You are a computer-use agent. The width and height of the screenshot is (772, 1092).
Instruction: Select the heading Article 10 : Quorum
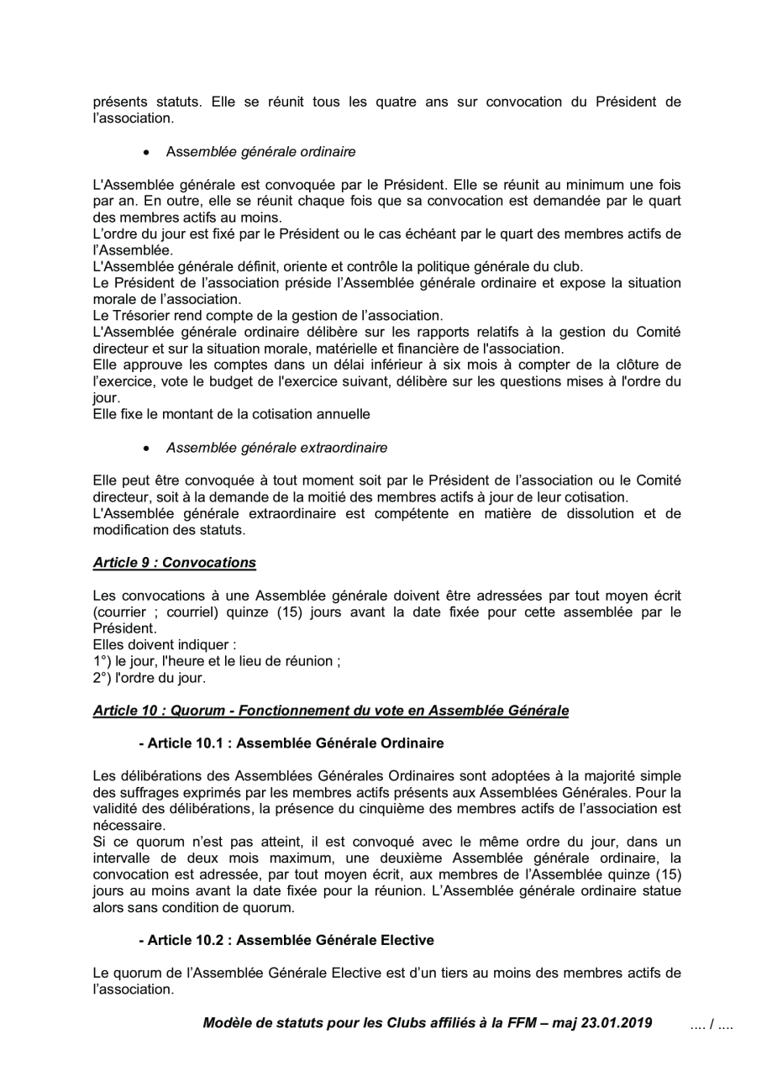(x=330, y=711)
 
